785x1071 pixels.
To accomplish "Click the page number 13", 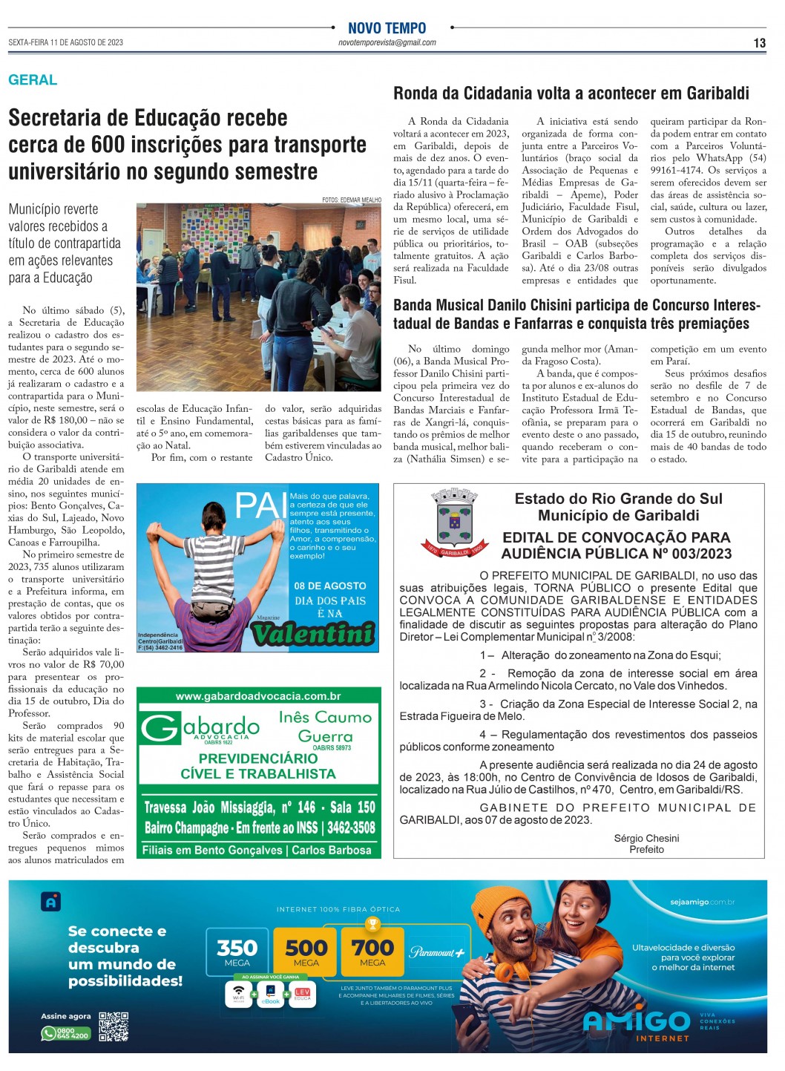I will tap(759, 43).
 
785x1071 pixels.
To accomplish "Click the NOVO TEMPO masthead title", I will tap(387, 28).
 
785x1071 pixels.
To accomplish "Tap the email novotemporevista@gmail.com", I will tap(387, 43).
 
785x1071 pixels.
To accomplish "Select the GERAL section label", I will tap(33, 80).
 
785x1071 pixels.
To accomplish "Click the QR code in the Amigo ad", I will tap(114, 1026).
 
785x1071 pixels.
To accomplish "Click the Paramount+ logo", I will tap(437, 952).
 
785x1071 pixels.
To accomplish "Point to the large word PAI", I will tap(260, 507).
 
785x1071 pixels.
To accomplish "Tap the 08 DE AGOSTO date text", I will tap(330, 586).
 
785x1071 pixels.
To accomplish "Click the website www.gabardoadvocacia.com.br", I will tap(258, 696).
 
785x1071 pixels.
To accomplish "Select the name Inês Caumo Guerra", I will tap(324, 727).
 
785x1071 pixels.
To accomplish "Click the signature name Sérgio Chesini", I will tap(646, 838).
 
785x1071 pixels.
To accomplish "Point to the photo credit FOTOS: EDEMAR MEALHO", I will tap(352, 200).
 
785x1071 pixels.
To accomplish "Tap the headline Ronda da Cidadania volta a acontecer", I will tap(571, 94).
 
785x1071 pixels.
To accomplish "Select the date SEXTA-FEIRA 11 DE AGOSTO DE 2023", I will tap(66, 42).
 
